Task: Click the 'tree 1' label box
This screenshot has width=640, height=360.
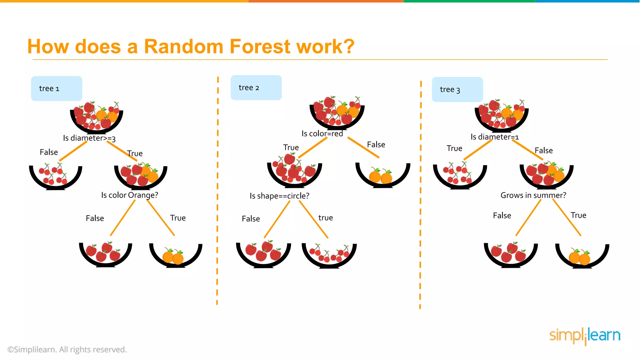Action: pos(57,88)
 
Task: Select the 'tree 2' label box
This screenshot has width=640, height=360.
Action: pos(256,87)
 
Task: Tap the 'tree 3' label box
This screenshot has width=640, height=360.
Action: pos(457,89)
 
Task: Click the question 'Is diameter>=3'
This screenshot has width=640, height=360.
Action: pos(89,138)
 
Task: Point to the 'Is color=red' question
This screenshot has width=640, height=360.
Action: pos(322,134)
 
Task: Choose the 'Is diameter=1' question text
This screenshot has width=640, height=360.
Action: pos(495,137)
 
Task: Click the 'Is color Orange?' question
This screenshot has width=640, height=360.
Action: pos(130,195)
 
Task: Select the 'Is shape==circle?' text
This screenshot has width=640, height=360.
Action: pos(279,196)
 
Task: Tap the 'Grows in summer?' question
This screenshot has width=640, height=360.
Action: pos(533,195)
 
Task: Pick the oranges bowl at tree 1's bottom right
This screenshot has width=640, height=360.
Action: pos(176,255)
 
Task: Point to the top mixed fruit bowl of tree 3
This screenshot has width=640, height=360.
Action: pos(502,116)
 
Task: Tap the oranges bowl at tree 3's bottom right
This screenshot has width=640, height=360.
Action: pos(582,256)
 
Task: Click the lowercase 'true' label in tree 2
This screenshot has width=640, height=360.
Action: pos(326,218)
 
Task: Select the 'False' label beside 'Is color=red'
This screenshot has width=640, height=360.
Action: pos(376,145)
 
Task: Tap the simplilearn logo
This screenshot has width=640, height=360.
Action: pos(585,336)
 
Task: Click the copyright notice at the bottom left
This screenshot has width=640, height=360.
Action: pos(67,349)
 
